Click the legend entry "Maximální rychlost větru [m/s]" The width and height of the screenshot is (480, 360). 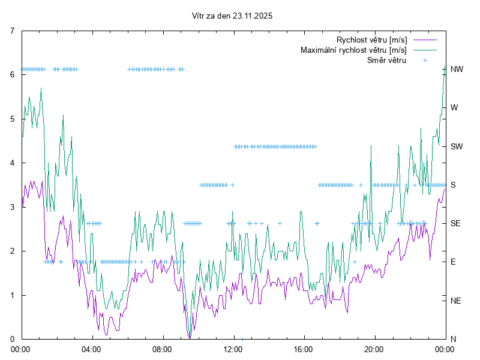click(353, 50)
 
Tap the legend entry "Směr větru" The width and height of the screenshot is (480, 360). click(386, 60)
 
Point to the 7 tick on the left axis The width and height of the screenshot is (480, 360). click(13, 31)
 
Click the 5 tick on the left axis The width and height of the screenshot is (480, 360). click(13, 119)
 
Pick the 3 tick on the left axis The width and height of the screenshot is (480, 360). click(13, 207)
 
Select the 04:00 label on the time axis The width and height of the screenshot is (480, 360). click(91, 349)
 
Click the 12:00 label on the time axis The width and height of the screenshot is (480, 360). click(233, 349)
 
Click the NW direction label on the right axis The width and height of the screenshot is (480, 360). click(457, 69)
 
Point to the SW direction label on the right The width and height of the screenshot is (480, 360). click(457, 146)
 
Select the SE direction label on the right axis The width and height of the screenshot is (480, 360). click(456, 223)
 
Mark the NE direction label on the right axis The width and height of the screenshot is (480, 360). click(456, 300)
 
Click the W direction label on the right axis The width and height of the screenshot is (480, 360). click(454, 108)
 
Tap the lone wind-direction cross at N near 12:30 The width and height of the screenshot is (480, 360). click(242, 339)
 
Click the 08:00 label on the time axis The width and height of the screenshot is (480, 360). click(162, 349)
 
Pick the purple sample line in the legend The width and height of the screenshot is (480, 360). click(424, 40)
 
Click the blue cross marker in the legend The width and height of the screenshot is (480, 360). click(424, 60)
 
